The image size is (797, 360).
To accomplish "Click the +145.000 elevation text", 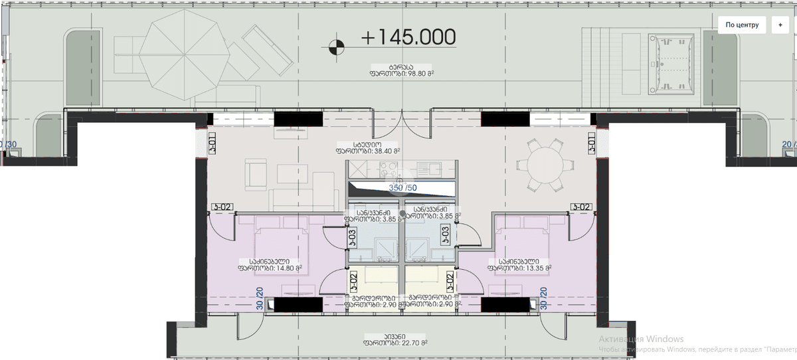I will [x=408, y=38].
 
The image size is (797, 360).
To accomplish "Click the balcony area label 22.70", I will [x=395, y=343].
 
